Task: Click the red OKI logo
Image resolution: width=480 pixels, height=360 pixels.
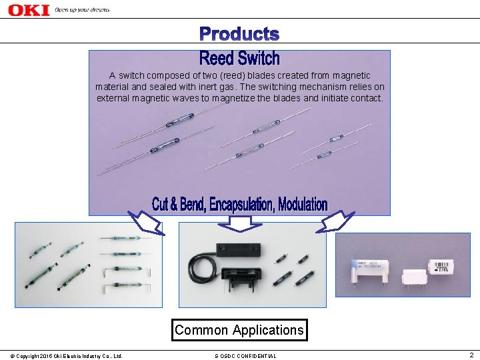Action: (29, 10)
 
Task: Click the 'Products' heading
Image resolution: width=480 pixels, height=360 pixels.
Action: (239, 33)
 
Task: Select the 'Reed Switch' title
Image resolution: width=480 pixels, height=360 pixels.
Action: (239, 58)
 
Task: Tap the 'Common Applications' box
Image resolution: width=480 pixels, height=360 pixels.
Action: (239, 330)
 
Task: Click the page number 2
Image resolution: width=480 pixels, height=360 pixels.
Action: (471, 355)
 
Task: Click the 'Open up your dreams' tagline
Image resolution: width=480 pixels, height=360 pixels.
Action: (82, 10)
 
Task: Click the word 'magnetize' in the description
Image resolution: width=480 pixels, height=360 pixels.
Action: (256, 98)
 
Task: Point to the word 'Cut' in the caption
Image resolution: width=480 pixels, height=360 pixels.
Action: (160, 205)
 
